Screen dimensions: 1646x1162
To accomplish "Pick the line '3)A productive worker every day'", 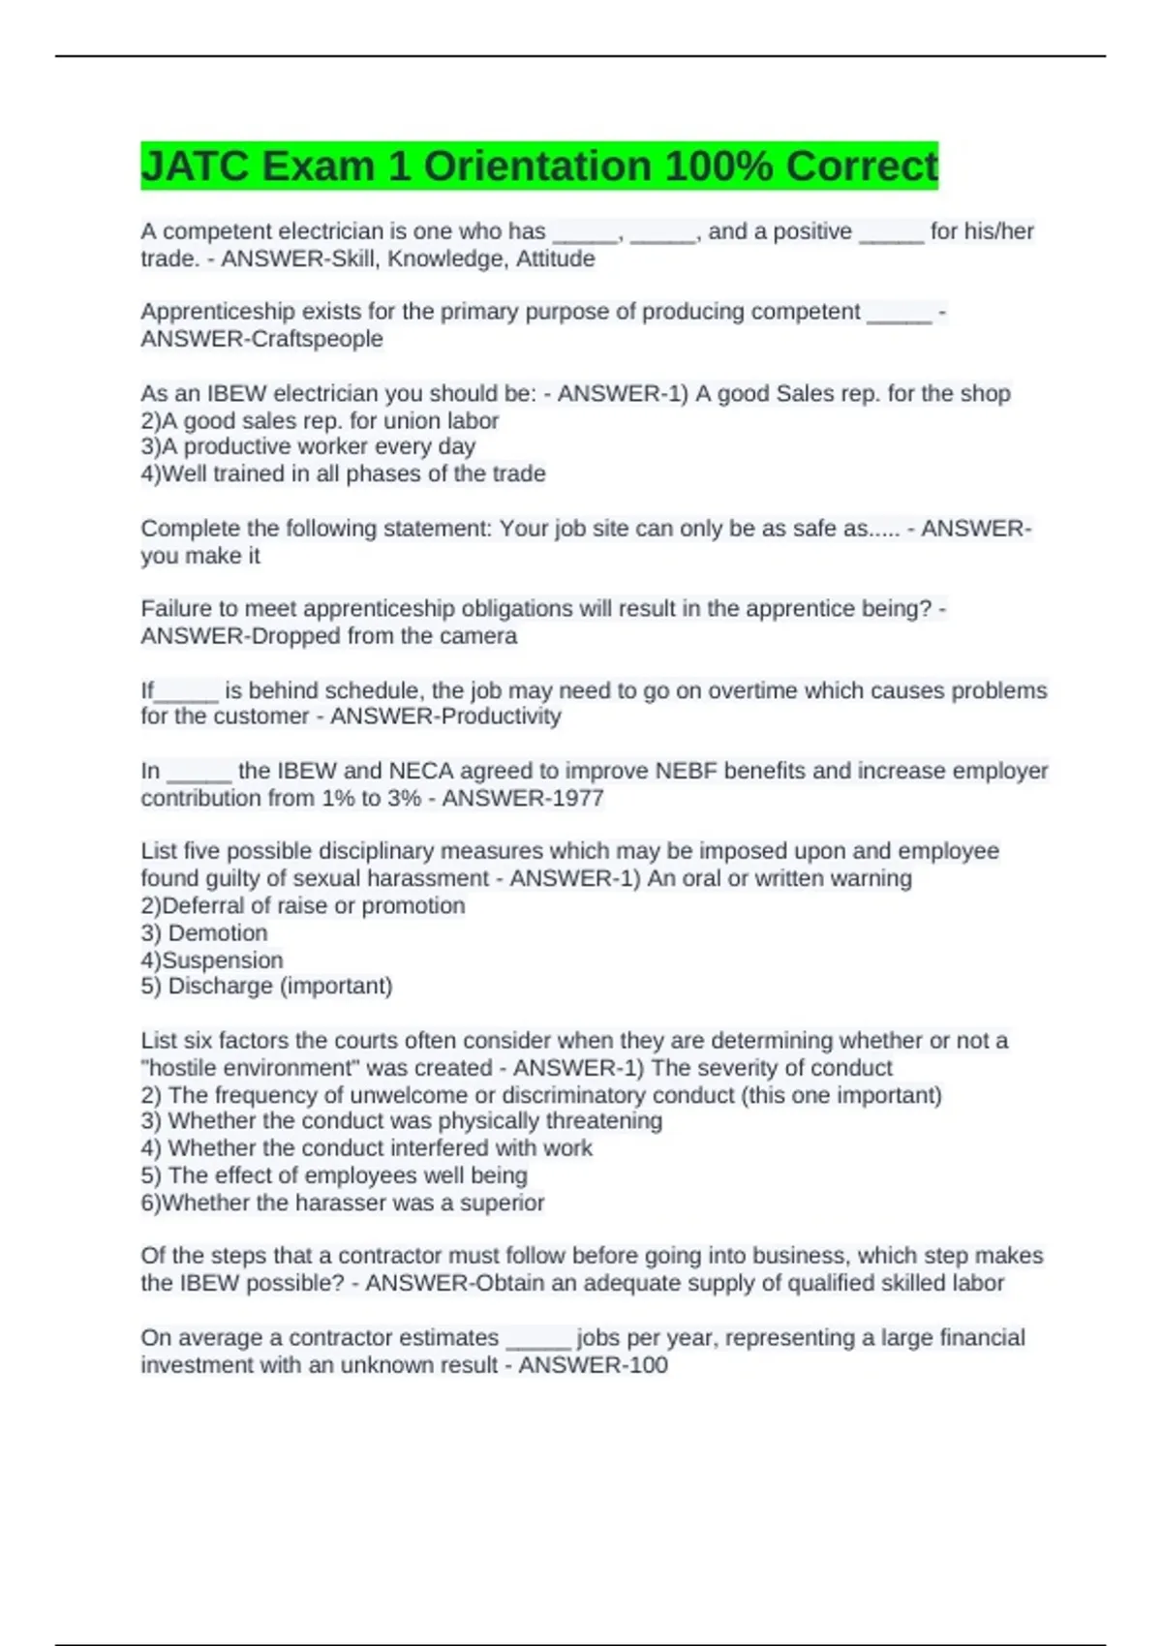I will [x=308, y=446].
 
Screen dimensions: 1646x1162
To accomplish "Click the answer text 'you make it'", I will [x=200, y=556].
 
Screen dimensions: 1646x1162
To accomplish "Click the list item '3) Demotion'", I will [x=204, y=932].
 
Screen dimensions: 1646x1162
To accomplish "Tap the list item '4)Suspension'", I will [x=212, y=960].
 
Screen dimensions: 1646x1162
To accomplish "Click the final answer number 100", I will [x=648, y=1365].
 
